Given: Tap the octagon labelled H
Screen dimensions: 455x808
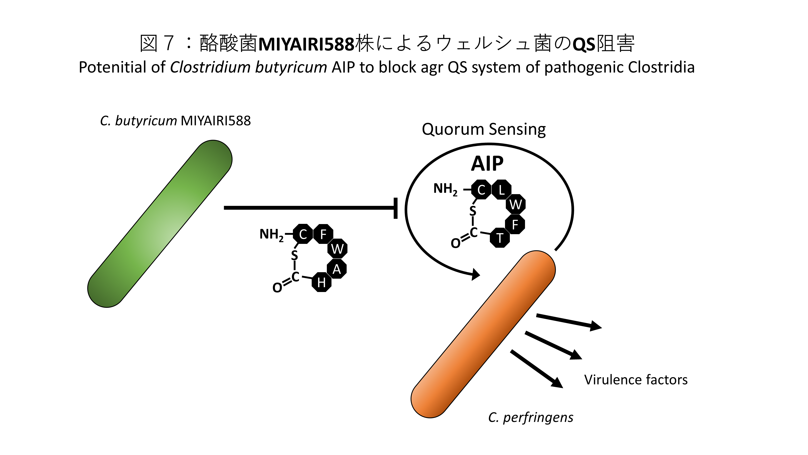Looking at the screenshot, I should click(x=321, y=282).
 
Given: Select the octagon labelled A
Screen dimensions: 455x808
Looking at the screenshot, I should click(x=337, y=269).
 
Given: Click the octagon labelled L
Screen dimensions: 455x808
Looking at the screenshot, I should click(x=501, y=190).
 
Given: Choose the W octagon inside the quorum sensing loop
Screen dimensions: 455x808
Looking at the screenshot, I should click(x=515, y=204).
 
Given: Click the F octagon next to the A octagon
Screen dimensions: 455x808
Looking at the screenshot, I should click(x=323, y=234).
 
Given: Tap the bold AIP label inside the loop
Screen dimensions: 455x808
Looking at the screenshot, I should click(x=487, y=164).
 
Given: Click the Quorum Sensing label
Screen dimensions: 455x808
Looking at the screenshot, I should click(x=483, y=129).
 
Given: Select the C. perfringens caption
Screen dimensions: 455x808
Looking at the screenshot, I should click(x=530, y=417).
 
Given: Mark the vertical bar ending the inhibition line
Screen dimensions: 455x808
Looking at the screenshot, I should click(x=396, y=208).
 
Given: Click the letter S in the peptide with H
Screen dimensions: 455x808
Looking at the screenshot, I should click(x=294, y=255).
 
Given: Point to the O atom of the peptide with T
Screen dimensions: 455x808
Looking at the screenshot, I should click(x=456, y=243).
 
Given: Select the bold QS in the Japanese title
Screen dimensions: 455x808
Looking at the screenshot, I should click(x=584, y=44).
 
